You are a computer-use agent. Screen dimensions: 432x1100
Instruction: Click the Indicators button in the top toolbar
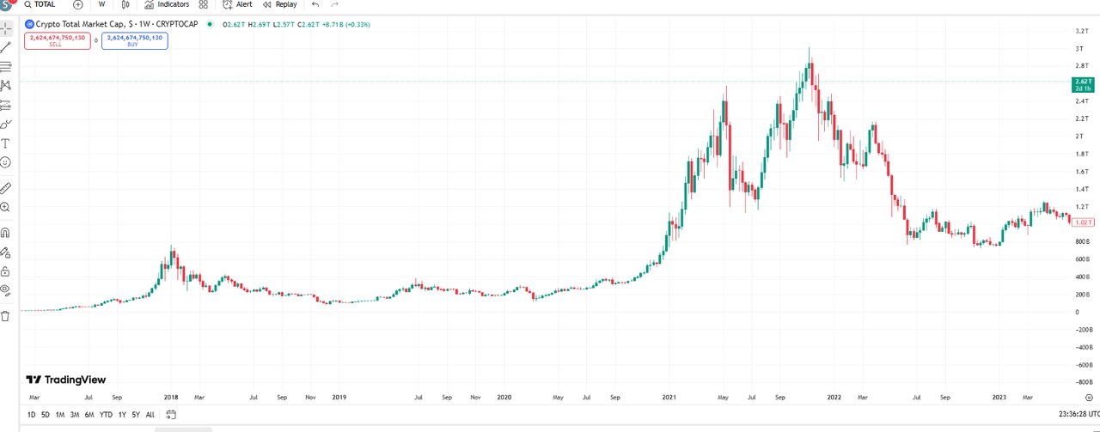pos(167,4)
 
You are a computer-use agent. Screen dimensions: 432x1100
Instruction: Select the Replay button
pos(279,4)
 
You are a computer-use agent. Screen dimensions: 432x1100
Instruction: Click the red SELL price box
pos(57,40)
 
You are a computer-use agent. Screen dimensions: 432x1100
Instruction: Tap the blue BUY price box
pos(134,40)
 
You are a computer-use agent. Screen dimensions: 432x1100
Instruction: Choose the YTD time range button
pos(106,415)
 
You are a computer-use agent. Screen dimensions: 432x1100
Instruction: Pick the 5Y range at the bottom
pos(137,415)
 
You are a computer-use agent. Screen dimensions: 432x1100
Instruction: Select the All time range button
pos(150,415)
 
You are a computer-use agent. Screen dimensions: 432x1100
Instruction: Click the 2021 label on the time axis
pos(670,398)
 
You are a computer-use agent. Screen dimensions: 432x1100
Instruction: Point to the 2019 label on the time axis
pos(339,398)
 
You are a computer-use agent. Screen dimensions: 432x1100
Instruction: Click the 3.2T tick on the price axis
pos(1082,31)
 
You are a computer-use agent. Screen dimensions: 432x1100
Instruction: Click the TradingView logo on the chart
pos(66,380)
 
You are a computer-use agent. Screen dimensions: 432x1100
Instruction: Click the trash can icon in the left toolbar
pos(5,316)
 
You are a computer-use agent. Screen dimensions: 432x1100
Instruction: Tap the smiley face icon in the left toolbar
pos(5,162)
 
